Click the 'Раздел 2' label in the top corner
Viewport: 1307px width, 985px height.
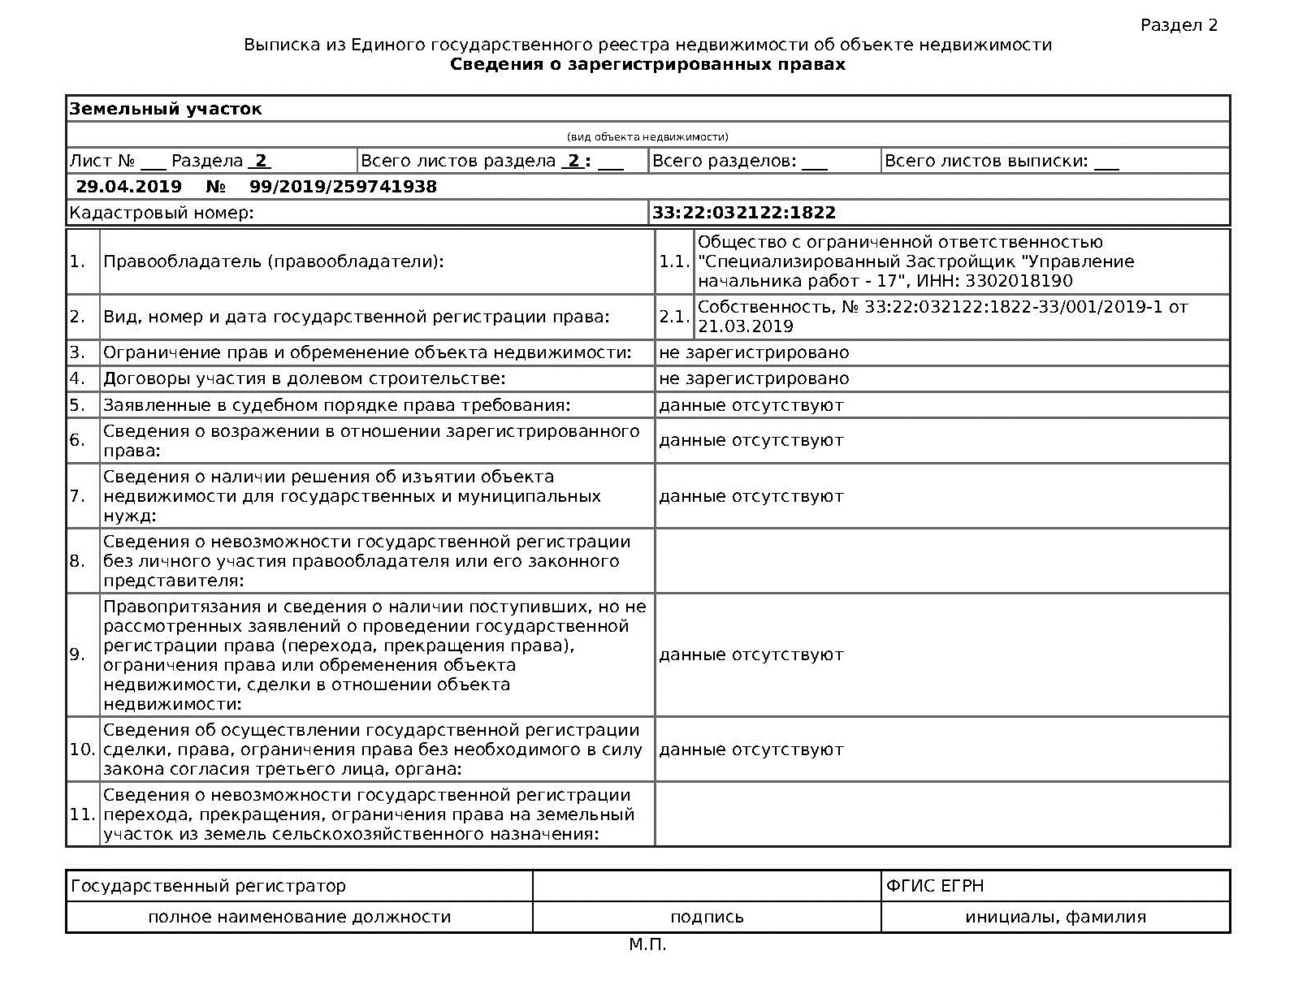1179,25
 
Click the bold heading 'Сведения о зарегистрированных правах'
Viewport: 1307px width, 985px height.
647,64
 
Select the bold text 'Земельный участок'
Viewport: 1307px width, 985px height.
166,109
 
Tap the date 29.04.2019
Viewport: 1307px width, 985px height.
128,187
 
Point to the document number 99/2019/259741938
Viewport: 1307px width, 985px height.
343,187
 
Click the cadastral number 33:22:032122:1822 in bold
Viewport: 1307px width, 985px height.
743,213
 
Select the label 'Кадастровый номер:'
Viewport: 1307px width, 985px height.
162,213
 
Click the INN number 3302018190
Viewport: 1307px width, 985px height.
1019,281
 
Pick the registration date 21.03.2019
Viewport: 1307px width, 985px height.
745,326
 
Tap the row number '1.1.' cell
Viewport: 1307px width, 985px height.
674,261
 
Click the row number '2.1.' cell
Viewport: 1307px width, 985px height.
674,317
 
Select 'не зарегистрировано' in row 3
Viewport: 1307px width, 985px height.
753,352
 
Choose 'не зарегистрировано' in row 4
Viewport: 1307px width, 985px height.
753,378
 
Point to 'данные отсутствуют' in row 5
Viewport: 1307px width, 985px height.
751,404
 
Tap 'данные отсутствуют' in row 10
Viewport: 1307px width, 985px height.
751,750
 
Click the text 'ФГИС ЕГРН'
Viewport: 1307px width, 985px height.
935,886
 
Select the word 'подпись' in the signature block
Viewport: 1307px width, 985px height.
707,917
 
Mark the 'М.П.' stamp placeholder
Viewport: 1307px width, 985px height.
647,944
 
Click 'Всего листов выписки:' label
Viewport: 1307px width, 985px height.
985,161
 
